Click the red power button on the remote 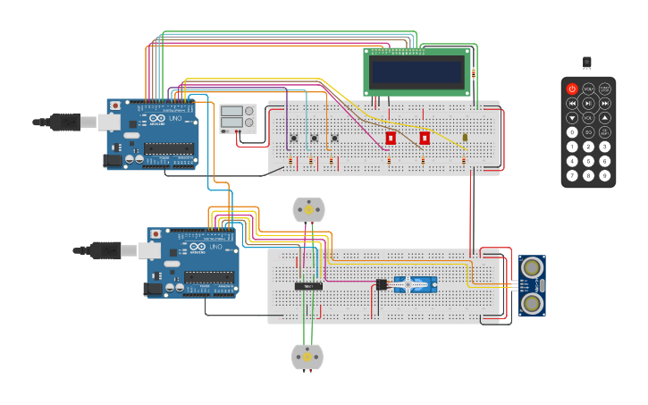click(572, 89)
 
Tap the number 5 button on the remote click(588, 161)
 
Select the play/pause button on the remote click(588, 103)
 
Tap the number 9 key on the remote click(604, 175)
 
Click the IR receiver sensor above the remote click(587, 62)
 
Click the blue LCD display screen click(417, 72)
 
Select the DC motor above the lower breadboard click(308, 209)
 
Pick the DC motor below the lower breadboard click(307, 357)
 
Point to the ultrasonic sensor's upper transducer click(532, 267)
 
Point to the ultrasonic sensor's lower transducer click(532, 303)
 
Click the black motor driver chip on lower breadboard click(308, 286)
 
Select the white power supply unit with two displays click(238, 118)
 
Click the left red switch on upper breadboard click(391, 138)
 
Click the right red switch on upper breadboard click(425, 138)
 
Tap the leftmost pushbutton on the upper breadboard click(293, 138)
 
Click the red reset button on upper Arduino click(115, 105)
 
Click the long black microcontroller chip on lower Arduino click(209, 277)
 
